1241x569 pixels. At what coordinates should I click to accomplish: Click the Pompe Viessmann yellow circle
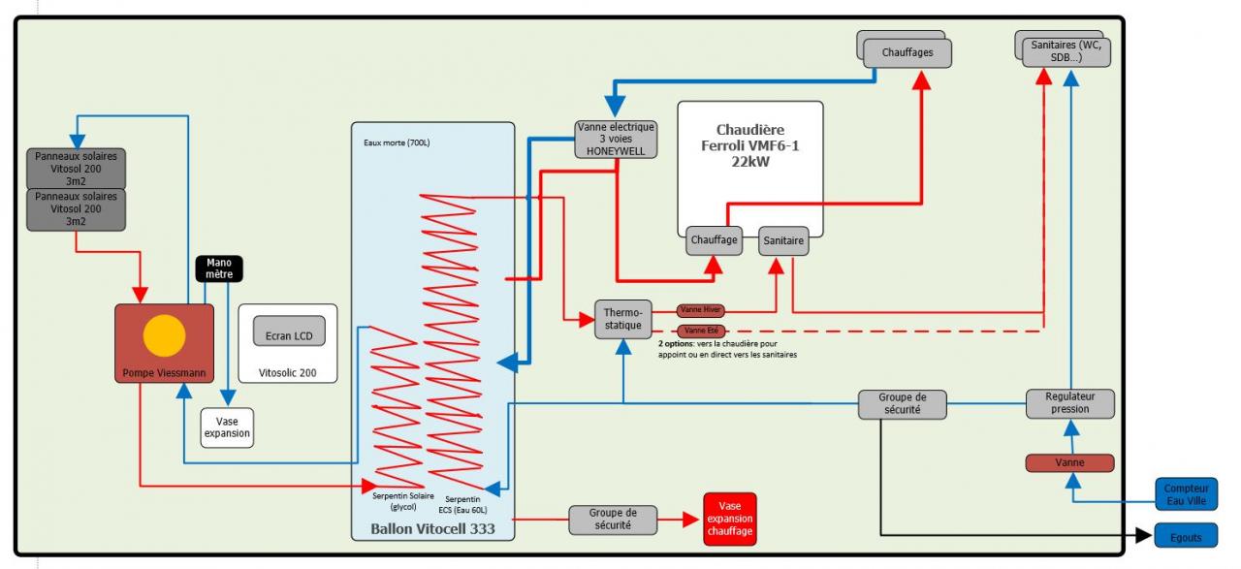pos(164,335)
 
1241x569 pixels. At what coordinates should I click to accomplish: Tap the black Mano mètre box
pos(219,269)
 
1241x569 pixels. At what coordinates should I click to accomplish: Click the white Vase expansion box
pos(227,427)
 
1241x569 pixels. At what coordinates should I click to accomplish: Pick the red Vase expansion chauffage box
pos(729,519)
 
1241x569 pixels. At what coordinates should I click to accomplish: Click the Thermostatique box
pos(623,319)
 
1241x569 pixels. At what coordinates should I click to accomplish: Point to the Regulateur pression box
pos(1070,403)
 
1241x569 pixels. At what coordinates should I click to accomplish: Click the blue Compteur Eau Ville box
pos(1186,495)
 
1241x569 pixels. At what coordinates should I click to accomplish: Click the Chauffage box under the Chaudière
pos(715,240)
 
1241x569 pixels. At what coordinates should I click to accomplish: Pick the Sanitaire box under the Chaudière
pos(783,240)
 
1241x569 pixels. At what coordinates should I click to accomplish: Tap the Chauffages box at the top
pos(907,52)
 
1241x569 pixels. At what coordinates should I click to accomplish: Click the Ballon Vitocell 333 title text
pos(431,528)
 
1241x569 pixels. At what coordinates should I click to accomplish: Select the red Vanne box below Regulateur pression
pos(1069,463)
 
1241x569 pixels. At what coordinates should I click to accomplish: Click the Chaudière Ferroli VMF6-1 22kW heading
pos(749,145)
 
